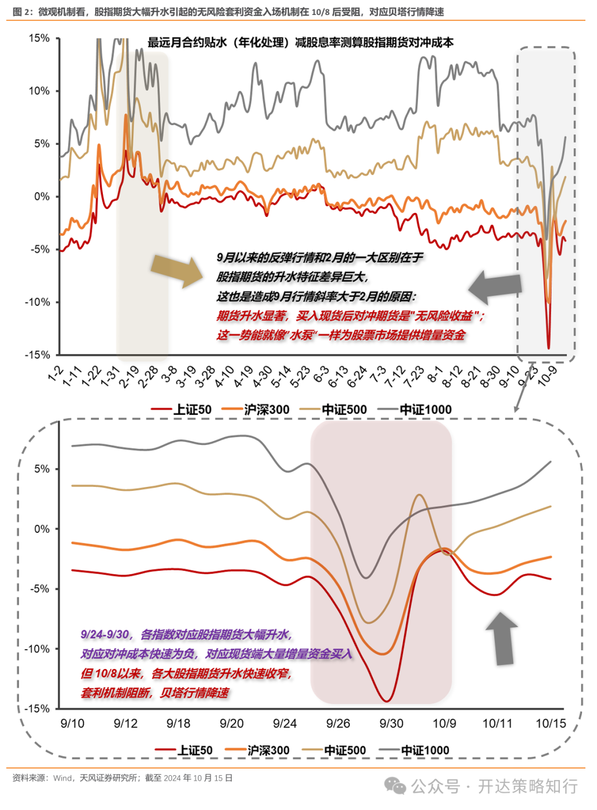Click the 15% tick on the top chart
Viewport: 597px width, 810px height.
pos(39,38)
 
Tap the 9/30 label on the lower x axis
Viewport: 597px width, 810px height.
pos(391,723)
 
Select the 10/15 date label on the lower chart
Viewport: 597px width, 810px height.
pos(551,723)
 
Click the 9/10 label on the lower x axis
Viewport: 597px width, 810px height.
pos(72,723)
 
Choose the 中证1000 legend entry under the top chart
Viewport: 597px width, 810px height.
pos(416,409)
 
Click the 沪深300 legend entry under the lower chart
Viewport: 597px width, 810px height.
pos(258,750)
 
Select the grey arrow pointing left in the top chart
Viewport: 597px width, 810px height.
pos(495,287)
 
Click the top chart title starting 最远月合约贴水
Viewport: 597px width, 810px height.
pos(300,43)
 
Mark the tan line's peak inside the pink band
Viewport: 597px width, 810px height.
pos(420,495)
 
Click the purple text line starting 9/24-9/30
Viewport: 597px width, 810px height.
pos(186,634)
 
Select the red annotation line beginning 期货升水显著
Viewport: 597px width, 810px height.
pos(350,315)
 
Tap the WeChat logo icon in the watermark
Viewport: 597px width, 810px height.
pos(395,786)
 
